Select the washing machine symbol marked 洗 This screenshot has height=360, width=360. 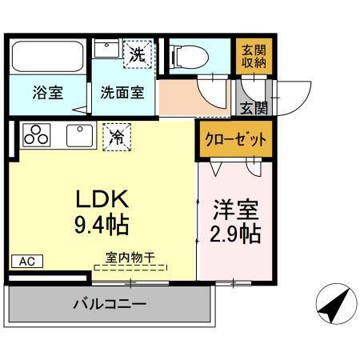coord(138,55)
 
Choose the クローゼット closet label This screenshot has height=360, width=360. coord(233,139)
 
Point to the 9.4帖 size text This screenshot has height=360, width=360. coord(102,223)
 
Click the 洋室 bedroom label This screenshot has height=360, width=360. coord(234,212)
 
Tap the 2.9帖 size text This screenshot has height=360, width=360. coord(235,235)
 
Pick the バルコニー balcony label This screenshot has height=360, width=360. coord(110,305)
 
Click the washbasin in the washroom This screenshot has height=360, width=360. coord(106,50)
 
